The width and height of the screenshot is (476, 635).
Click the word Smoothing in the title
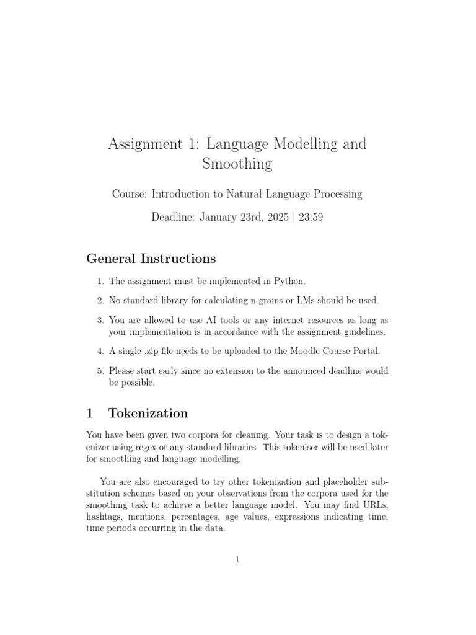237,164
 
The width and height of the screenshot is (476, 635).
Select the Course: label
130,194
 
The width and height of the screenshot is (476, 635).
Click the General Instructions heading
151,259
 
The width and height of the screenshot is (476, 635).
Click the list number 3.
100,321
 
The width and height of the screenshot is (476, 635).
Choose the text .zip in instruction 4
152,351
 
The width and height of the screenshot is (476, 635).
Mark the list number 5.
100,371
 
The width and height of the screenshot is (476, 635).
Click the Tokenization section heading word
148,413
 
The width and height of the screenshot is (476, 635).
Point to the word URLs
374,505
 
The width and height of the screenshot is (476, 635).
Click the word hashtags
105,516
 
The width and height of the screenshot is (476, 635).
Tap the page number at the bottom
237,560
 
